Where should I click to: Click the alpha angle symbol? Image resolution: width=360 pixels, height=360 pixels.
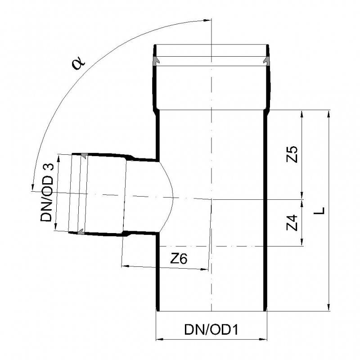[x=79, y=63]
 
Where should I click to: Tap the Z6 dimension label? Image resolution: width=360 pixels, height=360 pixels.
[x=179, y=259]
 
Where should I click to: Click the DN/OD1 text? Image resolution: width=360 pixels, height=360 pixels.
[x=211, y=330]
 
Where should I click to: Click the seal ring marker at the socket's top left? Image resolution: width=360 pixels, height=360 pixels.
[x=156, y=60]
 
